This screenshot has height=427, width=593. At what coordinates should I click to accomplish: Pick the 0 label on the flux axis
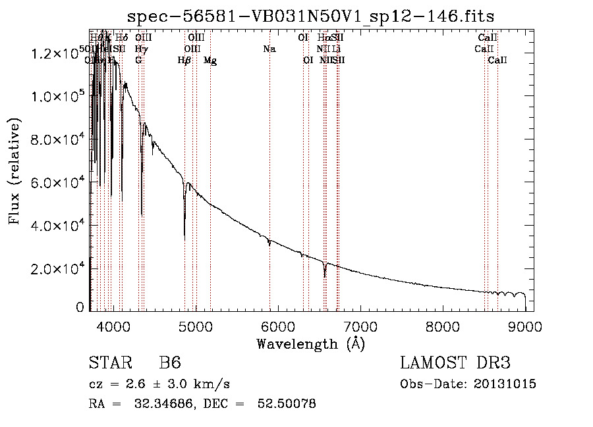click(x=80, y=307)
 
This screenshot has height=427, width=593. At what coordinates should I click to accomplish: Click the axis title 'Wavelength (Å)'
click(x=310, y=343)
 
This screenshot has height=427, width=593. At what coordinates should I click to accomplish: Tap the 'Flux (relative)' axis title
click(x=14, y=171)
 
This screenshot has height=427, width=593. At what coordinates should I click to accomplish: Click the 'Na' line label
click(x=269, y=49)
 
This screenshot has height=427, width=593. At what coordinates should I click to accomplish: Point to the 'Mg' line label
click(x=210, y=61)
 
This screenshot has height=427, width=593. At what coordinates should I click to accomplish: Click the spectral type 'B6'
click(x=170, y=363)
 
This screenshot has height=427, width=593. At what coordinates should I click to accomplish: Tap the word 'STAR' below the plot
click(x=109, y=363)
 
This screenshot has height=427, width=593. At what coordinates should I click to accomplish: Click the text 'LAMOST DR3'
click(x=455, y=363)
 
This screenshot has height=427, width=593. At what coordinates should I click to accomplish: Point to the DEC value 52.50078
click(x=288, y=404)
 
